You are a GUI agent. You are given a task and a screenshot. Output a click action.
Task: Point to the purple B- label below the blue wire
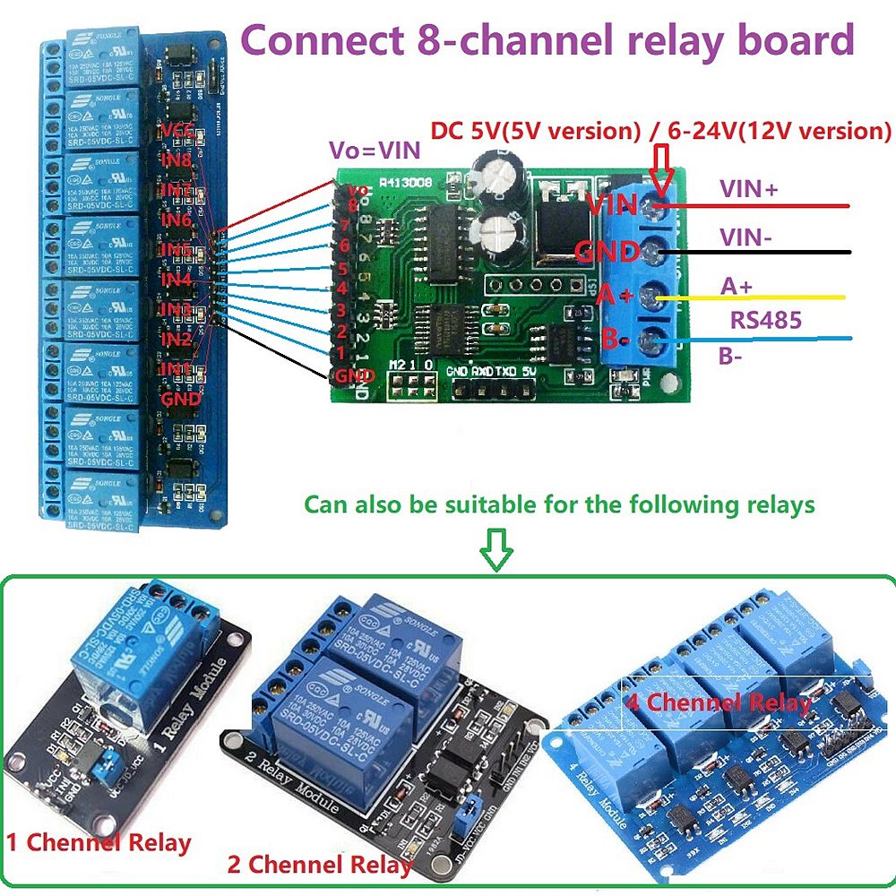(x=733, y=356)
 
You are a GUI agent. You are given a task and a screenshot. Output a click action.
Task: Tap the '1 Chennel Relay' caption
(x=99, y=842)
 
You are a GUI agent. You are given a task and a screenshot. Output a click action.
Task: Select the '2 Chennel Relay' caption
(x=320, y=865)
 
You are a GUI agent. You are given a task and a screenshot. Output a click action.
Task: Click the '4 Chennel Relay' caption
(x=718, y=702)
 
